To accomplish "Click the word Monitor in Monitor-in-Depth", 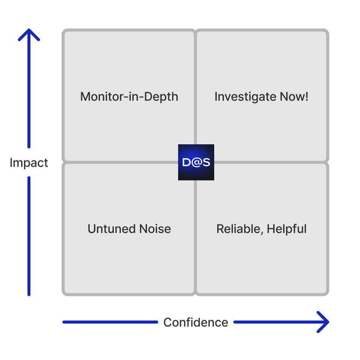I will point(99,97).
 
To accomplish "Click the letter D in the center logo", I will point(187,162).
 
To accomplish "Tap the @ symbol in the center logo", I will point(196,162).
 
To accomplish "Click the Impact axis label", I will point(29,163).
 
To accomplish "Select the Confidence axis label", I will point(195,322).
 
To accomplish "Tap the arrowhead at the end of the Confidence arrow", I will point(324,322).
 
